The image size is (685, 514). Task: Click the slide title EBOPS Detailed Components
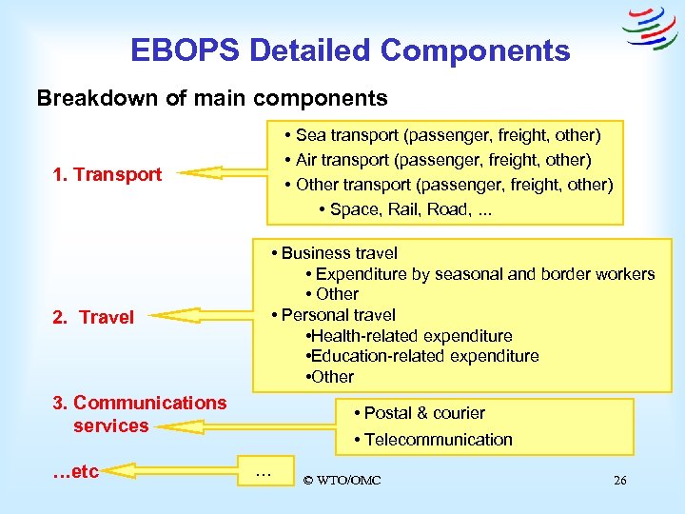point(350,50)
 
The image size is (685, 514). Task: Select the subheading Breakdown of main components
point(211,98)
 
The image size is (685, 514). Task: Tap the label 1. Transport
point(108,174)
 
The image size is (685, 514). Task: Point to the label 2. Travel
point(93,317)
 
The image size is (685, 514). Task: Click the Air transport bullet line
point(442,159)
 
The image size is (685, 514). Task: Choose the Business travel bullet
point(334,253)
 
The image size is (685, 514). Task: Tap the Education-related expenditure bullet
point(422,356)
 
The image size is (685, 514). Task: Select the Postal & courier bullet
point(419,413)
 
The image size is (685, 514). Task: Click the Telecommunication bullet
point(432,440)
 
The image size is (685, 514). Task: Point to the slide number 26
point(619,480)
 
